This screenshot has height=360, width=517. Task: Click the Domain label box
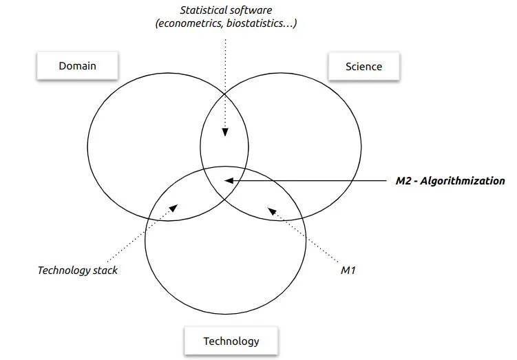tap(76, 66)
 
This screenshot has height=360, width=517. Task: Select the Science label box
tap(364, 66)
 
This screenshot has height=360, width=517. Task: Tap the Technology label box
tap(231, 340)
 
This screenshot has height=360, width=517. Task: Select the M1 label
tap(348, 270)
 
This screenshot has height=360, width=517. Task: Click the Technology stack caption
tap(77, 270)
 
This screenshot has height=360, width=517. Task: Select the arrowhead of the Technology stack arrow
tap(180, 204)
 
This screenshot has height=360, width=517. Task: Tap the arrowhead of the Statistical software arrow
tap(224, 135)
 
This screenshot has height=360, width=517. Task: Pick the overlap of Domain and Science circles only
tap(224, 131)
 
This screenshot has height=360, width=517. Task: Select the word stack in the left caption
tap(104, 270)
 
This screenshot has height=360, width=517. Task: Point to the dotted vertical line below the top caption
tap(224, 83)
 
